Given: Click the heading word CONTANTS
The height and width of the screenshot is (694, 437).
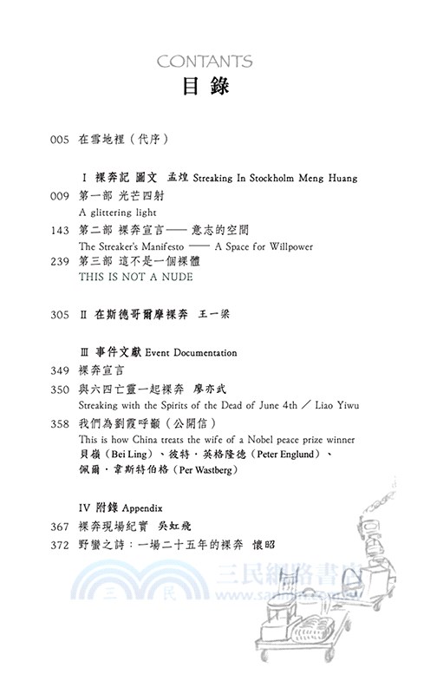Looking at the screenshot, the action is (x=205, y=62).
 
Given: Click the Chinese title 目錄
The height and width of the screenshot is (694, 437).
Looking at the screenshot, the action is (x=205, y=88).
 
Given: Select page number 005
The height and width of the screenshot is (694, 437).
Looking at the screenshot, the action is (x=60, y=139).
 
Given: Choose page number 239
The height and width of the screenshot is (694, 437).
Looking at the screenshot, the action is (x=60, y=262).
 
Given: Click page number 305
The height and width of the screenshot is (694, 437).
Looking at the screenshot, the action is (x=60, y=315).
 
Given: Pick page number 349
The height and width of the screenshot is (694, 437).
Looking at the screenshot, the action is (x=60, y=371).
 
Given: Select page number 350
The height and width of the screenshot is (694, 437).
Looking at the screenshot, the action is (x=60, y=390).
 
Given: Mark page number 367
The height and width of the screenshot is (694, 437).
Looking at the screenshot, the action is (x=60, y=527).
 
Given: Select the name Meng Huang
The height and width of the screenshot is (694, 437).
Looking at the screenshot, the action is (x=327, y=178).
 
